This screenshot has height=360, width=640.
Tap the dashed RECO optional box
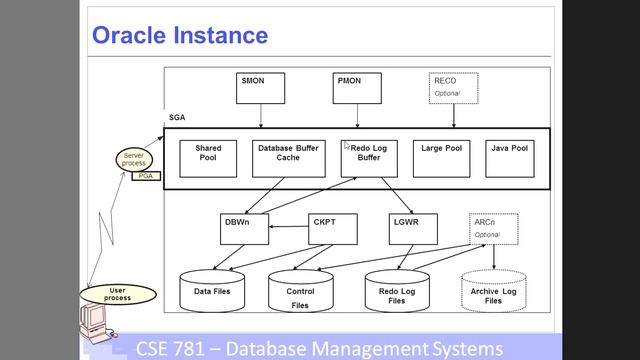454,88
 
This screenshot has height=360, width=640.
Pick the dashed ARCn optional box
494,229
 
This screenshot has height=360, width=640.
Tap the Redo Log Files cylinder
398,292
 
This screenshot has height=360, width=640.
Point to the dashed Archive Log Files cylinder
493,292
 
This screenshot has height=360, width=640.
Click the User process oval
117,293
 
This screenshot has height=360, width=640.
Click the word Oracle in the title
132,36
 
